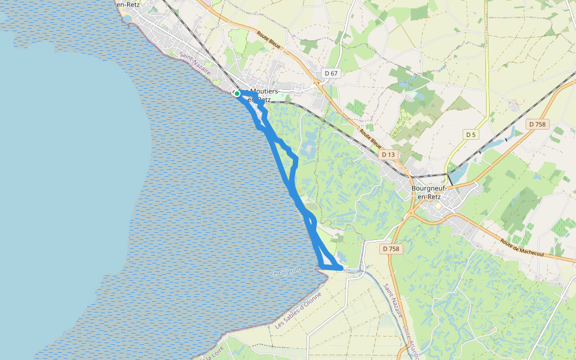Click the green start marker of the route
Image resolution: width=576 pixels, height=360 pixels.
coord(237,94)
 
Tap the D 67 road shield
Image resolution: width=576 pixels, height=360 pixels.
coord(331,73)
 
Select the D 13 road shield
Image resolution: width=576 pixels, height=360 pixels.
coord(388,155)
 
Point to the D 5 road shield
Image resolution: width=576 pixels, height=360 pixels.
coord(471,134)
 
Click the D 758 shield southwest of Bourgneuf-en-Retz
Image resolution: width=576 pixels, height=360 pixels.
coord(391,248)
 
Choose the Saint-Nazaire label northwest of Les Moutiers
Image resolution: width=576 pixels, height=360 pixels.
coord(196,62)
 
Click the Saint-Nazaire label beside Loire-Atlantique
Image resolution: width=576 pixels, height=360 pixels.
coord(394,302)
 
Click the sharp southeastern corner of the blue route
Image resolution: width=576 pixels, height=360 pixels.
coord(342,268)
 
